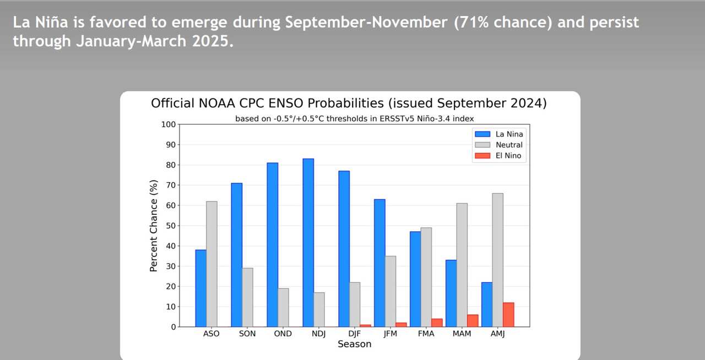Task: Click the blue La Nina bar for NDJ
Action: coord(308,242)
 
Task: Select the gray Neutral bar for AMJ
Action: coord(498,260)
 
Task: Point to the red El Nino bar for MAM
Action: coord(473,320)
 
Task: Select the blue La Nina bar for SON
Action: coord(237,254)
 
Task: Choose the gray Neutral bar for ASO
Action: coord(211,264)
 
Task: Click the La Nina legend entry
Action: coord(498,134)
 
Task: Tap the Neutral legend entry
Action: coord(498,145)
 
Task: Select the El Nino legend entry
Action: coord(498,156)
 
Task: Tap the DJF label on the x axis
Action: coord(354,334)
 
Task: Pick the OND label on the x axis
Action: coord(283,334)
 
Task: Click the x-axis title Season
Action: coord(354,344)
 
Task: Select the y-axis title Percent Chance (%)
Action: coord(154,226)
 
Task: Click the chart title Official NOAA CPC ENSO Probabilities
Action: coord(349,103)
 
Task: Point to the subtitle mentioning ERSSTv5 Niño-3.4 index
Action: coord(354,118)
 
